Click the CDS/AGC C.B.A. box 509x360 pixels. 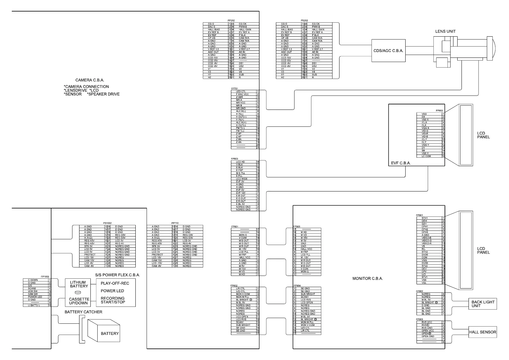point(388,51)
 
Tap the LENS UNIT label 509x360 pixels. point(445,31)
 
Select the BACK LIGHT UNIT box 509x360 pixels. point(483,304)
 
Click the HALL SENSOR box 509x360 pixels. point(482,332)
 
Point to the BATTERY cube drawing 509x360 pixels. point(106,331)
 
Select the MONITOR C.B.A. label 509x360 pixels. point(368,278)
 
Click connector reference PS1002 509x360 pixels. point(107,224)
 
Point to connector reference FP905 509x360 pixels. point(419,319)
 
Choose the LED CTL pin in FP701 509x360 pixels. point(241,91)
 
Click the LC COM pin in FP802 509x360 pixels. point(426,156)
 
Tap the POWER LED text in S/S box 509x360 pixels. point(112,291)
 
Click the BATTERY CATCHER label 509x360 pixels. point(83,312)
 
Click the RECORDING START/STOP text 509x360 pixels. point(113,300)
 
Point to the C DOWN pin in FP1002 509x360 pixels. point(33,280)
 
